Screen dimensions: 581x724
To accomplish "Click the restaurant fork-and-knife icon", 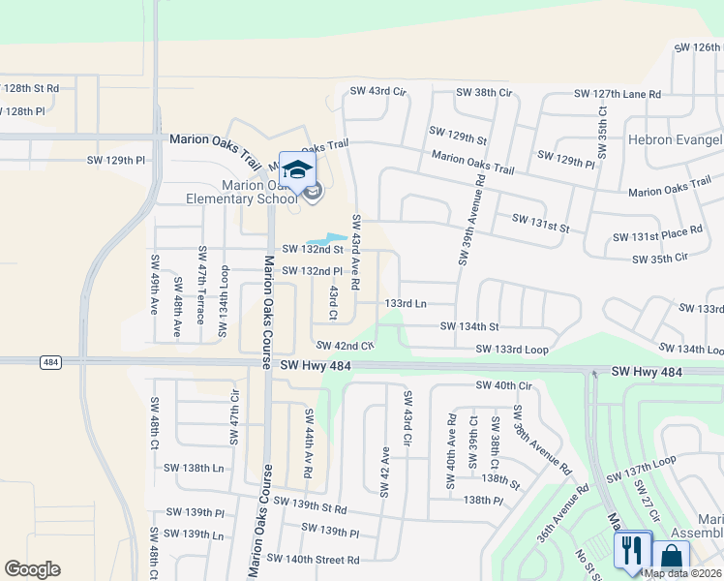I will tap(631, 550).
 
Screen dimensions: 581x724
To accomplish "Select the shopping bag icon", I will tap(671, 557).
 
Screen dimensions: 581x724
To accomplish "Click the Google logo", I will tap(32, 569).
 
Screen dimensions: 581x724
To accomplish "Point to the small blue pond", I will tap(327, 239).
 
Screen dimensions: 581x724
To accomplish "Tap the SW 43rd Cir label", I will tap(377, 91).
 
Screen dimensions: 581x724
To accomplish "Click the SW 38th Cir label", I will tap(484, 93).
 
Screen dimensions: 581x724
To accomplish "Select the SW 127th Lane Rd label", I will tap(617, 94).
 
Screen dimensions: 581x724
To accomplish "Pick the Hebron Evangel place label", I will tap(676, 139).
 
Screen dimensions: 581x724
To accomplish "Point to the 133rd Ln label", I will tap(406, 303).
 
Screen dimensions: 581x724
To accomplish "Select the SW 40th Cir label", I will tap(504, 385).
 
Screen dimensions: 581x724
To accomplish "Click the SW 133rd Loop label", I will tap(511, 349).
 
